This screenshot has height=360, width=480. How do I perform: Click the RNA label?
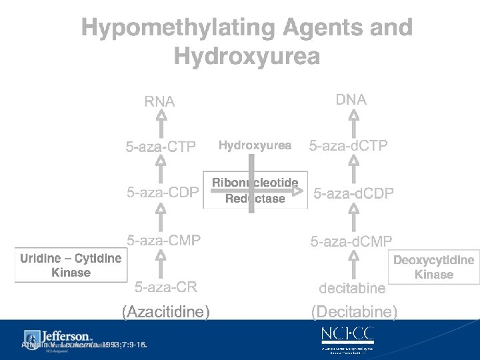point(159,102)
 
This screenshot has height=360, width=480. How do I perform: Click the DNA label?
point(351,100)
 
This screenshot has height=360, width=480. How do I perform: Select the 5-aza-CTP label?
point(161,147)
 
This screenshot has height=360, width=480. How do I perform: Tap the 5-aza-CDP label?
point(163,193)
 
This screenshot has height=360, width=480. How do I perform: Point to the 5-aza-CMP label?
point(164,240)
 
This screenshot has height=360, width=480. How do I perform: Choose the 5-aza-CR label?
point(166,287)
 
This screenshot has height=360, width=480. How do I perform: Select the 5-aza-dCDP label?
point(353,193)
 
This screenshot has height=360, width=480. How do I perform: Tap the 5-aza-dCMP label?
point(351,241)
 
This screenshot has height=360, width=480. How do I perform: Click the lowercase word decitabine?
point(352,288)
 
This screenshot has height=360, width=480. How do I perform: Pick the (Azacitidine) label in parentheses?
point(165,311)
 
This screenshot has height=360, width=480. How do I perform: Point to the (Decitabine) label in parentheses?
point(354,311)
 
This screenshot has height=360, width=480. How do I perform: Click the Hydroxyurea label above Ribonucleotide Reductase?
point(255,145)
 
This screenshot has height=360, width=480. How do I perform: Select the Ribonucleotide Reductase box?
point(255,191)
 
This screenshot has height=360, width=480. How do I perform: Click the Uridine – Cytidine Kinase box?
point(70,265)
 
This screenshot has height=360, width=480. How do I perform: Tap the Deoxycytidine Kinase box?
point(433,267)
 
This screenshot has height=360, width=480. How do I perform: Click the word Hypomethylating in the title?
point(178,28)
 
